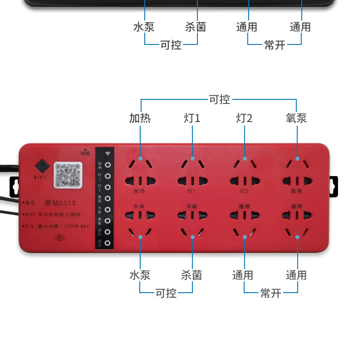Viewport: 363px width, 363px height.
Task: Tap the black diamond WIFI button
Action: [41, 165]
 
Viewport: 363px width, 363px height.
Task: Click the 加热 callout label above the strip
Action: [140, 118]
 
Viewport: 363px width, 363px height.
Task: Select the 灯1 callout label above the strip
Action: [192, 118]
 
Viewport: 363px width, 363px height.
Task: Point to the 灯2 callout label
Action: [244, 118]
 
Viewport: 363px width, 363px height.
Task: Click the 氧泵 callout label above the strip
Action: [296, 118]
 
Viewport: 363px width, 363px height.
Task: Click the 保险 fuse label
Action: [85, 152]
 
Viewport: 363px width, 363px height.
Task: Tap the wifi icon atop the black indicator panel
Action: [108, 153]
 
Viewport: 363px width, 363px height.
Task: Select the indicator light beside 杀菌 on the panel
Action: [108, 221]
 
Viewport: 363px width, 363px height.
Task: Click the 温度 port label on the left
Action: [28, 202]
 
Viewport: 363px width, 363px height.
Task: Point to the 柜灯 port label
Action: [28, 214]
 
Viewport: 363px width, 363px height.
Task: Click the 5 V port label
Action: [28, 226]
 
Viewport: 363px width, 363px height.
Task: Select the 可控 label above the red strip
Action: [219, 99]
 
